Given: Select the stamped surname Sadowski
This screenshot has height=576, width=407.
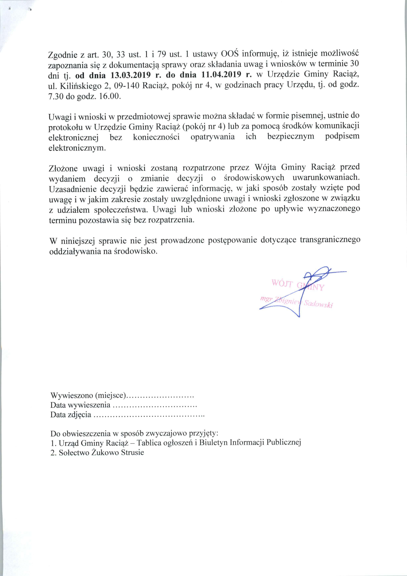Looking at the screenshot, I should click(x=318, y=304).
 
